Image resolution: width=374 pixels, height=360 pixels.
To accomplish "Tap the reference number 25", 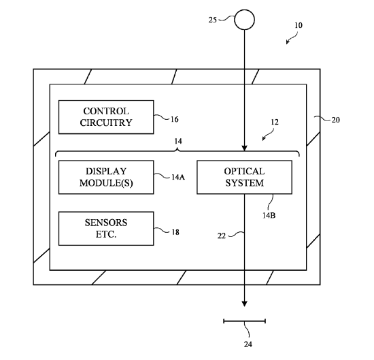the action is pyautogui.click(x=213, y=20).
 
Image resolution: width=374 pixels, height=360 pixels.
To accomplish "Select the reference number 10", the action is pyautogui.click(x=299, y=25).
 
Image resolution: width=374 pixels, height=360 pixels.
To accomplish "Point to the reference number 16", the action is pyautogui.click(x=174, y=119).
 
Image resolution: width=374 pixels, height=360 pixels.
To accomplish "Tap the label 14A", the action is pyautogui.click(x=178, y=177).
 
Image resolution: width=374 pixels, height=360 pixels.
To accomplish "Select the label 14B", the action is pyautogui.click(x=269, y=215).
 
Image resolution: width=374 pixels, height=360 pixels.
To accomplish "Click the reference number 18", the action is pyautogui.click(x=175, y=232).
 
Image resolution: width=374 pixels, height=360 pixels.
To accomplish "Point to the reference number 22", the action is pyautogui.click(x=222, y=236).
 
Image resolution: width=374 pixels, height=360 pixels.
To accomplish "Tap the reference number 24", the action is pyautogui.click(x=248, y=344).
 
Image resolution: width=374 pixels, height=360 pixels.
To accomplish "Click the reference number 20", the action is pyautogui.click(x=336, y=120).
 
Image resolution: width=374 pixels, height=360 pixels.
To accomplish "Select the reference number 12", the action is pyautogui.click(x=275, y=122).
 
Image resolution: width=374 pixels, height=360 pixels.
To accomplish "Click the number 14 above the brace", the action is pyautogui.click(x=178, y=142).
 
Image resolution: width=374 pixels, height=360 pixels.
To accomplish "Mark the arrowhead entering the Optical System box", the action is pyautogui.click(x=245, y=148).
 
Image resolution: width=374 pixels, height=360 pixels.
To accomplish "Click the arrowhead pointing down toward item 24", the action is pyautogui.click(x=245, y=304).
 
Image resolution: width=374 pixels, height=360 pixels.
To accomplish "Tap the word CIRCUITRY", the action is pyautogui.click(x=106, y=122).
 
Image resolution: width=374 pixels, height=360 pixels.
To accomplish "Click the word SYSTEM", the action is pyautogui.click(x=245, y=183).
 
